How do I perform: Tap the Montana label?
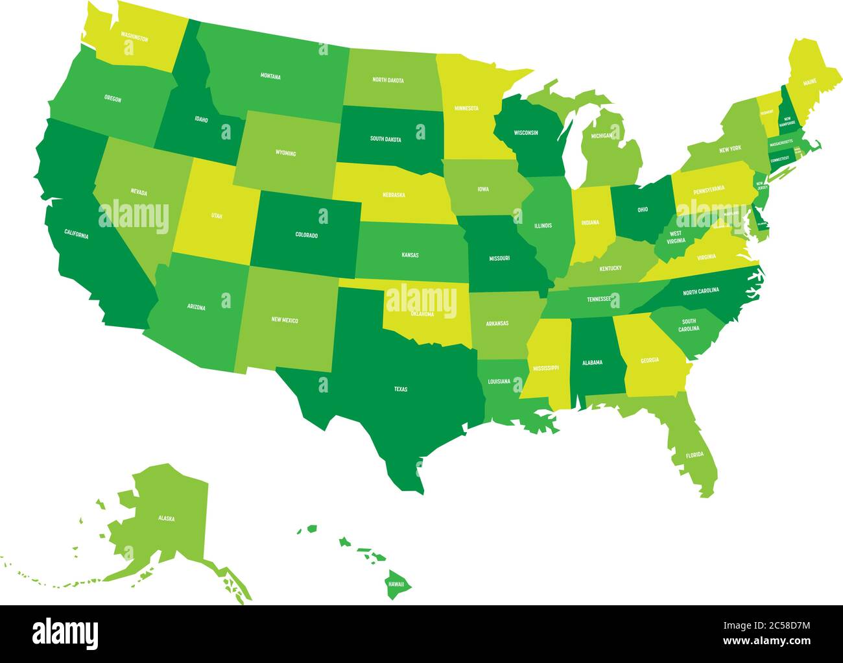(x=270, y=77)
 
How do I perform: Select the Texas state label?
(x=401, y=389)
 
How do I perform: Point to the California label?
(x=76, y=234)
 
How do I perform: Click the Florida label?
(x=695, y=454)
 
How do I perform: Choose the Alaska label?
(x=166, y=518)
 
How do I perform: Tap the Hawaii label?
(x=396, y=584)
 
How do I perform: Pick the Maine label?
(x=810, y=83)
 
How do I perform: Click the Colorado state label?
(x=306, y=235)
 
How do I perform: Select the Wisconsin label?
(x=526, y=132)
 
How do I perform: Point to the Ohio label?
(x=642, y=210)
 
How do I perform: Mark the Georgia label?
(x=650, y=360)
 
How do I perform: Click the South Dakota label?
(x=385, y=139)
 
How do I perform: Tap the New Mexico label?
(x=285, y=320)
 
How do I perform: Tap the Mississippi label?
(x=545, y=368)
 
